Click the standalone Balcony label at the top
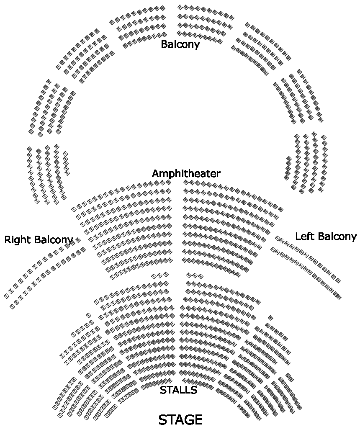pos(180,44)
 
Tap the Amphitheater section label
pos(186,174)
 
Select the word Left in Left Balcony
pos(304,237)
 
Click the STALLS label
pos(178,391)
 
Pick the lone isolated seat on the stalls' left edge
pos(88,315)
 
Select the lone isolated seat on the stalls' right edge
pos(270,318)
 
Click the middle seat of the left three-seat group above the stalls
pos(160,275)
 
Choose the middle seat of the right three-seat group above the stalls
pos(195,275)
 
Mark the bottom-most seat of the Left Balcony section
pos(338,297)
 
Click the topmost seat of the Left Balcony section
pos(277,238)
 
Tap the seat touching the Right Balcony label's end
pos(78,240)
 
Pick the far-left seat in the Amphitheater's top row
pos(74,208)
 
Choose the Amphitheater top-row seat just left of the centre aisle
pos(169,183)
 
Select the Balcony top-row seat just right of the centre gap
pos(180,7)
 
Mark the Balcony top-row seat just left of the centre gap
pos(163,8)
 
